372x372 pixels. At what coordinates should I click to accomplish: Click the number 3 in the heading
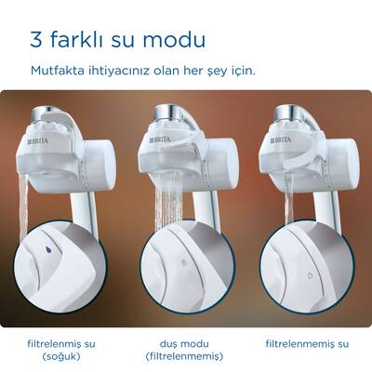[x=37, y=42]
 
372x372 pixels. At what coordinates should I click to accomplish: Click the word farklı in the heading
[x=82, y=42]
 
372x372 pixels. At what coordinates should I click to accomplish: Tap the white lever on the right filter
[x=298, y=149]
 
